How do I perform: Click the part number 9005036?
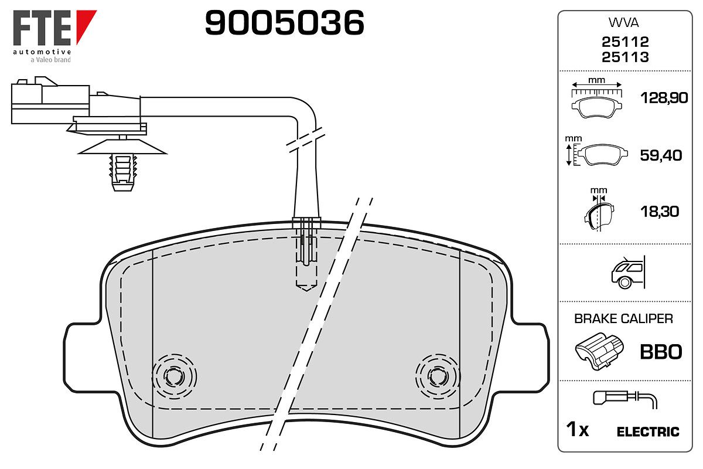point(284,22)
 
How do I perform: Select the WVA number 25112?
point(625,42)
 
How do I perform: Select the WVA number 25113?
point(625,57)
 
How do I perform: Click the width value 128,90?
point(664,98)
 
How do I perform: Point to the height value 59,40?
point(661,155)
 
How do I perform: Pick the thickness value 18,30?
point(660,212)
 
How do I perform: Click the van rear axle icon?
point(628,272)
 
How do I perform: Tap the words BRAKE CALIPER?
point(623,319)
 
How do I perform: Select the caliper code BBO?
point(661,352)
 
